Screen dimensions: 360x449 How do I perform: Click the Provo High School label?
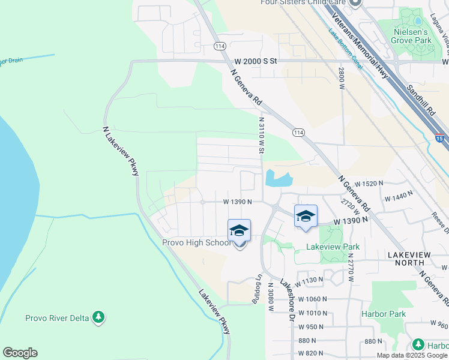point(196,243)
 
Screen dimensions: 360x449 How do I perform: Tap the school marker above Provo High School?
point(239,232)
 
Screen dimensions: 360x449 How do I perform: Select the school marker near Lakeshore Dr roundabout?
point(306,217)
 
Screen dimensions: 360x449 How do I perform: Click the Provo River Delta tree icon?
point(98,317)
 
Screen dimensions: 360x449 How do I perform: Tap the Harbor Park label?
point(384,314)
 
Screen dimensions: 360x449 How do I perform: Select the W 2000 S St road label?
point(256,61)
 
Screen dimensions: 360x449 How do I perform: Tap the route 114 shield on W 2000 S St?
point(220,46)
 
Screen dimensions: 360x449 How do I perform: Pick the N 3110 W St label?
point(261,135)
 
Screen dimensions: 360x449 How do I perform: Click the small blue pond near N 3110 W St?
point(278,178)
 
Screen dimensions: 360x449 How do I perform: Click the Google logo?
point(20,353)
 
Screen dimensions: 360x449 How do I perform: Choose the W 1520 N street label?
point(369,184)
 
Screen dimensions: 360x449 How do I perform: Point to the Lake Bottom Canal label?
point(346,50)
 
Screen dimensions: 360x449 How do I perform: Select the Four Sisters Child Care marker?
point(355,3)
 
